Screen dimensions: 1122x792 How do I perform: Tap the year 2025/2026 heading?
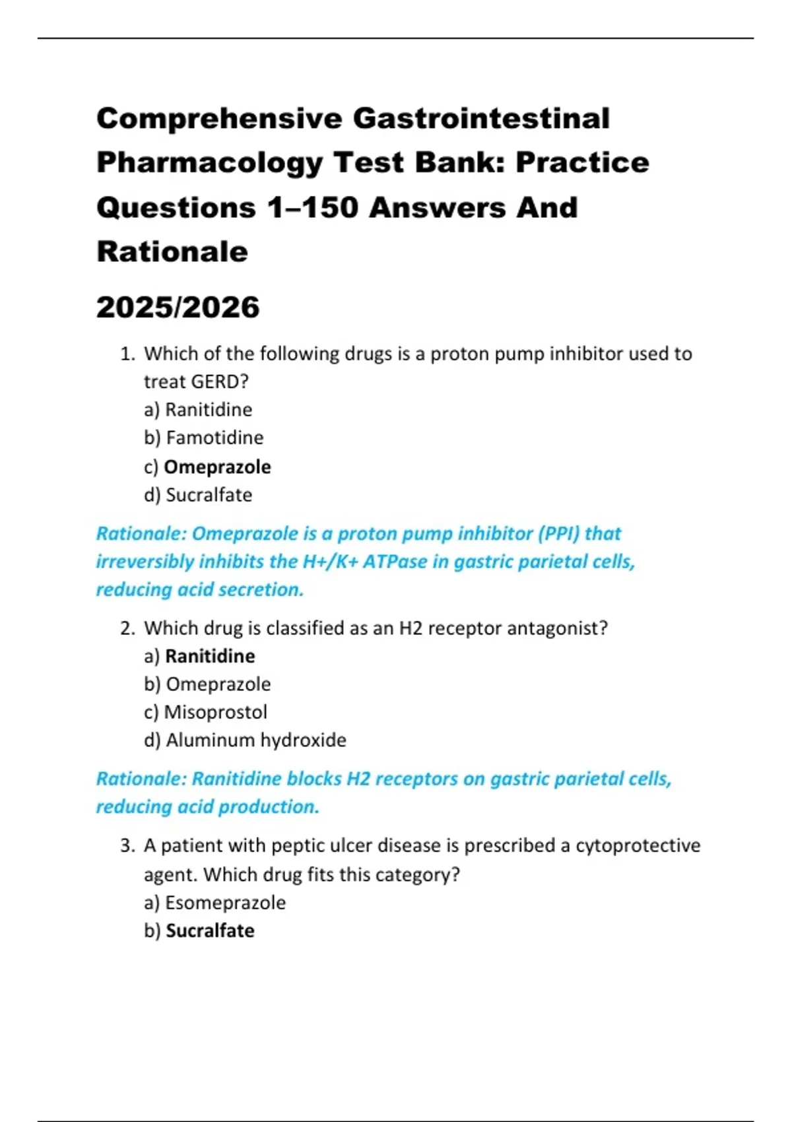click(x=178, y=308)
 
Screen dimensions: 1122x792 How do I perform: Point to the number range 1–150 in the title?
click(x=312, y=208)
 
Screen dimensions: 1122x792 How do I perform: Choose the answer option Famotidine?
click(x=214, y=438)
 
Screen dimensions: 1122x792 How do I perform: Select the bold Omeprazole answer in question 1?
click(x=217, y=467)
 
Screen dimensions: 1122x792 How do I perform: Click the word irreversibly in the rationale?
click(x=145, y=562)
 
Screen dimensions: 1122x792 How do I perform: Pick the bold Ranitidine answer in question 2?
click(x=210, y=656)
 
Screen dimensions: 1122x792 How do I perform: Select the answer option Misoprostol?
click(x=215, y=712)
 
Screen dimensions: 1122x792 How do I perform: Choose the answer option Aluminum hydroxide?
click(x=255, y=741)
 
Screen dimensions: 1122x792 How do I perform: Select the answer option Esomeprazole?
click(x=225, y=903)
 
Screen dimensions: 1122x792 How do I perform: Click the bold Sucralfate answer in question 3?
click(x=210, y=931)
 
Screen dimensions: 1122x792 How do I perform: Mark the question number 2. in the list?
click(x=128, y=628)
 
